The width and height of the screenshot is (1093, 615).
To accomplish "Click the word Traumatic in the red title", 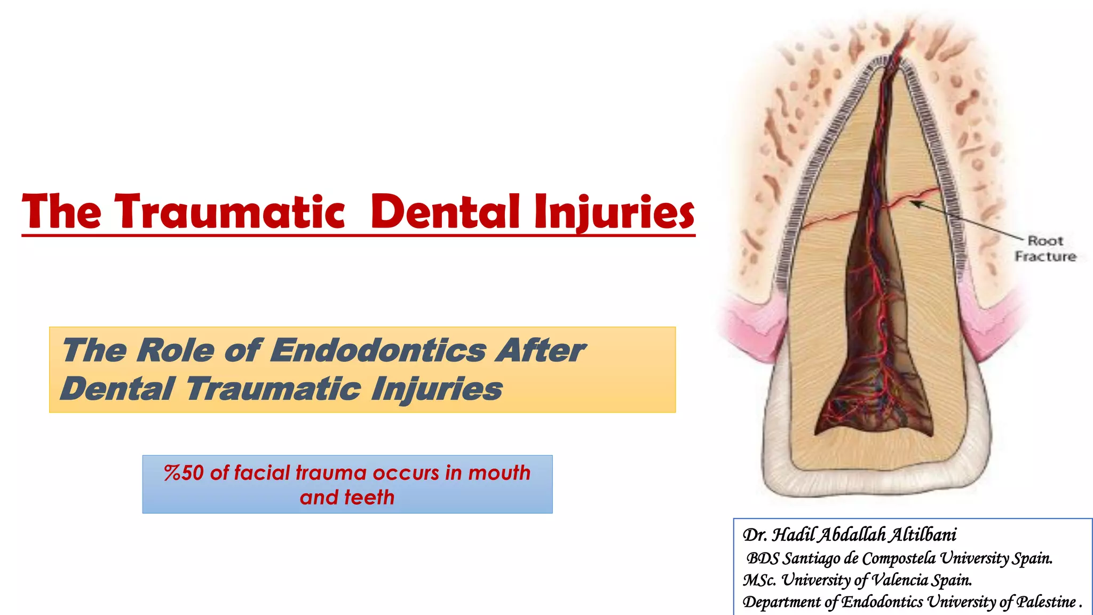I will [231, 212].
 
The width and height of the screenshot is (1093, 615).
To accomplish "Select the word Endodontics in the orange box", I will [378, 351].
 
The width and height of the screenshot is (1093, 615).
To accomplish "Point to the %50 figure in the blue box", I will [184, 473].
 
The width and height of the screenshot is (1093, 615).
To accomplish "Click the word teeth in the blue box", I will [369, 498].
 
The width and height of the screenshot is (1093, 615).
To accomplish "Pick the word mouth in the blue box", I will [499, 473].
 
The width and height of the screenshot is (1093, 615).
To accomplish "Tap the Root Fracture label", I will [1045, 249].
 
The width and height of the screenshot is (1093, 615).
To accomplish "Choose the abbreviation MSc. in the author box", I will [759, 580].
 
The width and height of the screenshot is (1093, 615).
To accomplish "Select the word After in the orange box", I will [540, 351].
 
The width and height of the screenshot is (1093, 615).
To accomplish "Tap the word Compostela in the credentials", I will [898, 558].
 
